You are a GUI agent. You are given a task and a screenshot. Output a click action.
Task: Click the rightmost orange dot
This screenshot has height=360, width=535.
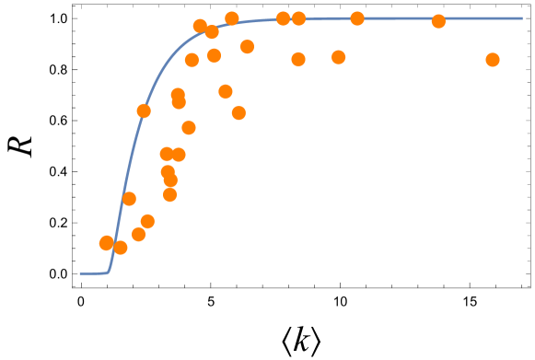(493, 60)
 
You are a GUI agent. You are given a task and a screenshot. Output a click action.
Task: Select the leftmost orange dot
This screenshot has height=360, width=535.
(107, 243)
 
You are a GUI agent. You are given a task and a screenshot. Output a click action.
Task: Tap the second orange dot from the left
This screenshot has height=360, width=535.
(121, 248)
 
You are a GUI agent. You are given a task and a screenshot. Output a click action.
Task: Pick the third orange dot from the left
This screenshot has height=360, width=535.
(129, 199)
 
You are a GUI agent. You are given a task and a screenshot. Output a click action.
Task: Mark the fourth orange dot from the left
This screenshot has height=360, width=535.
(139, 234)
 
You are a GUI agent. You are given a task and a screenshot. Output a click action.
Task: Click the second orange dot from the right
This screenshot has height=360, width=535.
(438, 21)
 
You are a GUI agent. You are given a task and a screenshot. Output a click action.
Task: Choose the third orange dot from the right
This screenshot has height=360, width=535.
(357, 18)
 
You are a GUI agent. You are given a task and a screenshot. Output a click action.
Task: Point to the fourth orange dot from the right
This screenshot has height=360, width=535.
(339, 57)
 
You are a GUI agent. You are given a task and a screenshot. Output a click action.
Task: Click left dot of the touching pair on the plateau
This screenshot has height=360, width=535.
(283, 18)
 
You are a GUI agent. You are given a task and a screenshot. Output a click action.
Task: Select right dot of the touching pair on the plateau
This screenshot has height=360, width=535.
(298, 18)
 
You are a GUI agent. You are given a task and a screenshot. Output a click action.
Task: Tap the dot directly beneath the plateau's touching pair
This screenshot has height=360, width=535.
(298, 60)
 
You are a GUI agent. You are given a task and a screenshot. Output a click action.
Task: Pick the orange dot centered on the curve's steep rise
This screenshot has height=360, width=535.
(144, 111)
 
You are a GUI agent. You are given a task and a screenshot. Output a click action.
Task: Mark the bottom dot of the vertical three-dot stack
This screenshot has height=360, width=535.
(170, 194)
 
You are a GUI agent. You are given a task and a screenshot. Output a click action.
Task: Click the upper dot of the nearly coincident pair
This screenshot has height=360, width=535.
(178, 95)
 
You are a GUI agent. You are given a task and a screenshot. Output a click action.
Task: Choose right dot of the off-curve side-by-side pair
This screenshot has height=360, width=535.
(179, 155)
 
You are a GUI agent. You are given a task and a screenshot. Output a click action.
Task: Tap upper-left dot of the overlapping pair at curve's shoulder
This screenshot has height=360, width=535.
(200, 26)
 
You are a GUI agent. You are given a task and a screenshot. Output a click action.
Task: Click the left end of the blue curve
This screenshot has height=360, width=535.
(81, 273)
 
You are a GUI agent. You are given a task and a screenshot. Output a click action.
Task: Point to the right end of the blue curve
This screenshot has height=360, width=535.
(522, 18)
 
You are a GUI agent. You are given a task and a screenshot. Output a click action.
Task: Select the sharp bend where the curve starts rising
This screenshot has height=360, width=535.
(109, 272)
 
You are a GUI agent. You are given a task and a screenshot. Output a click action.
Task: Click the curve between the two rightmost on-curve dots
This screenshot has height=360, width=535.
(398, 18)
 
